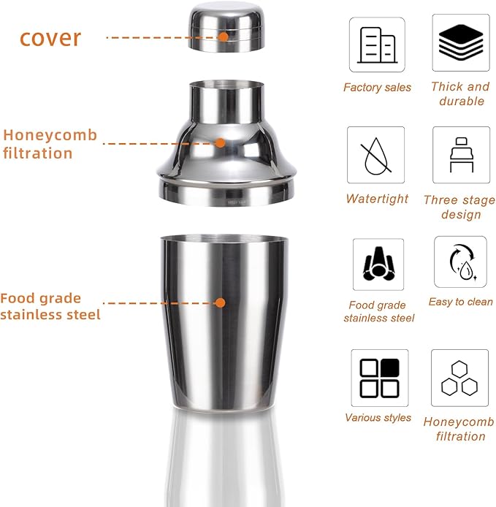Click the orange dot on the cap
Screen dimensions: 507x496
point(224,35)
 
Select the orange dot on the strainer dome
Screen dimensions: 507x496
point(221,142)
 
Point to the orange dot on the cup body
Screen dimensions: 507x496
point(220,302)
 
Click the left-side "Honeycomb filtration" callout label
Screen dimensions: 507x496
point(49,144)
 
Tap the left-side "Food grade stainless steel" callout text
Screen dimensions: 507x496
point(50,306)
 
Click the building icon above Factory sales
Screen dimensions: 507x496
point(377,45)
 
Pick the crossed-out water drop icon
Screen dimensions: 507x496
point(375,155)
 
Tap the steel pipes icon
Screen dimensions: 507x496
point(378,264)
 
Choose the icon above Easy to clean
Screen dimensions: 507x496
point(460,262)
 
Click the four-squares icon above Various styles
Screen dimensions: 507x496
point(379,378)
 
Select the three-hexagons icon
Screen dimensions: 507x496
point(459,378)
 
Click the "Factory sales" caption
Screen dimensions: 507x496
point(377,88)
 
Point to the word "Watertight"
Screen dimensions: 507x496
point(377,199)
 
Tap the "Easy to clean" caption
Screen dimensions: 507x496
point(460,302)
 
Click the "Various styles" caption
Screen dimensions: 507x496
point(378,418)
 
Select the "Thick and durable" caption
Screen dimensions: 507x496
point(460,94)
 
